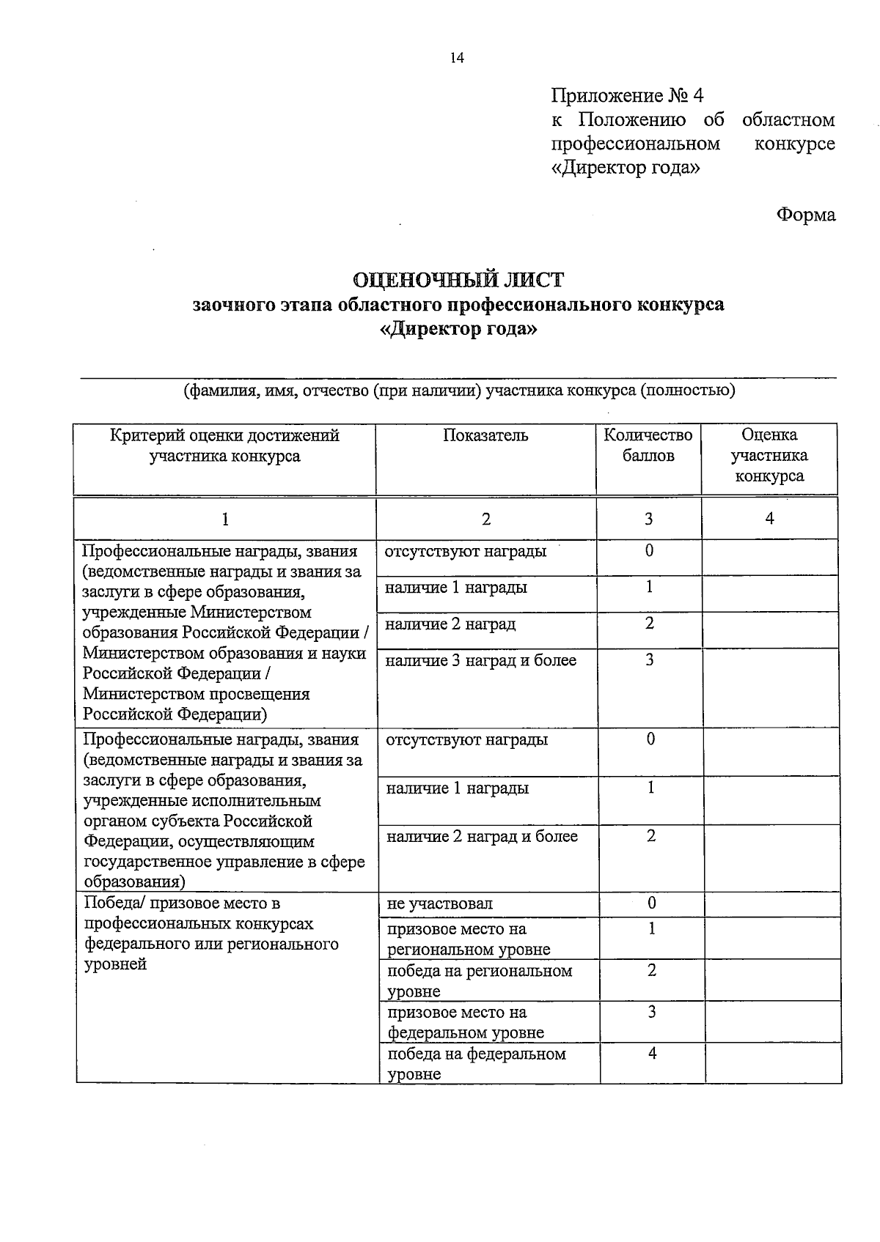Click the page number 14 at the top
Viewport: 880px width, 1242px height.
(x=457, y=59)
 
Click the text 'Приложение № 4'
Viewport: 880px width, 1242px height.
(x=627, y=96)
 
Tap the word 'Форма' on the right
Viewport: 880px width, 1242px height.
(x=805, y=215)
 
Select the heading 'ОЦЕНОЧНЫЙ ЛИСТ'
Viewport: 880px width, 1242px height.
(x=458, y=280)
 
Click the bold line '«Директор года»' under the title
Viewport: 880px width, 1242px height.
(x=458, y=329)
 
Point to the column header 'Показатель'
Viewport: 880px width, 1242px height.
(x=485, y=435)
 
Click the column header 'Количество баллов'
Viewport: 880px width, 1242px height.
(x=648, y=446)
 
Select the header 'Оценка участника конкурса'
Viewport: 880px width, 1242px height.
(x=769, y=455)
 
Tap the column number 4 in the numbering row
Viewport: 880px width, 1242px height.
(x=769, y=519)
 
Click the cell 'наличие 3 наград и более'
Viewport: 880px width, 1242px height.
(x=481, y=661)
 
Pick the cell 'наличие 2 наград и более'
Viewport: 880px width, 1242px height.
(x=482, y=837)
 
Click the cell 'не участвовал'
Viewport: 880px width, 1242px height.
(x=440, y=904)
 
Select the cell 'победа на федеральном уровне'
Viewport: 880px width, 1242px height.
(x=477, y=1064)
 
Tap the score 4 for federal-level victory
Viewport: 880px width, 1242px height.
(x=652, y=1054)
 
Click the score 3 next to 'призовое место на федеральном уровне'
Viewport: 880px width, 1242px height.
(x=651, y=1012)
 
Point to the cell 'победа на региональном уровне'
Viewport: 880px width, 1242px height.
(x=480, y=980)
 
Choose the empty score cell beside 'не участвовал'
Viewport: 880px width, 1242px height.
(x=772, y=904)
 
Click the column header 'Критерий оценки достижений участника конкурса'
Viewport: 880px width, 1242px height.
(x=224, y=446)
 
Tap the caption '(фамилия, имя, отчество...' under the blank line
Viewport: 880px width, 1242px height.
(x=458, y=391)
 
